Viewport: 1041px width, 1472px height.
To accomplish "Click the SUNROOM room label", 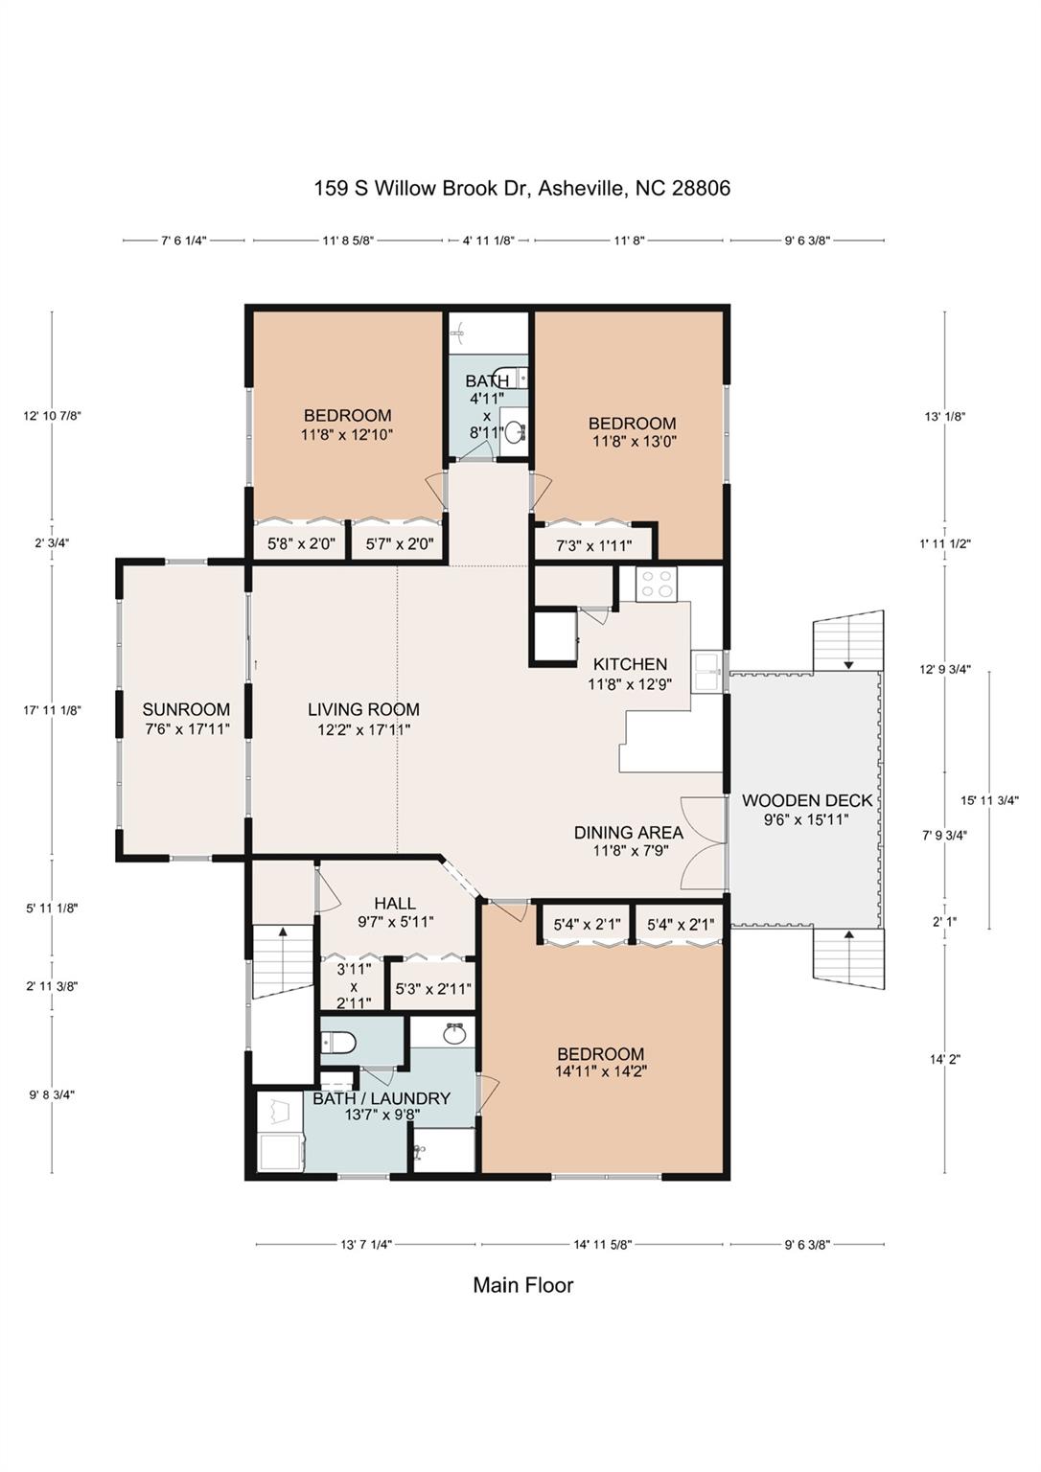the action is (186, 710).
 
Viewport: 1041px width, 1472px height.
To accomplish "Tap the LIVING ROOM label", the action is (363, 710).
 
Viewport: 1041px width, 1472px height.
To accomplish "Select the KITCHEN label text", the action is (630, 664).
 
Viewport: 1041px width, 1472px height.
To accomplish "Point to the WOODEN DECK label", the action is (807, 800).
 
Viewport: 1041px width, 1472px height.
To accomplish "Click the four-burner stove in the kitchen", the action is (658, 583).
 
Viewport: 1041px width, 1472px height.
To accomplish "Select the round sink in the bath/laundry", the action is (453, 1035).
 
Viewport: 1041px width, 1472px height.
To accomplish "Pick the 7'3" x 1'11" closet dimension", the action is (593, 545).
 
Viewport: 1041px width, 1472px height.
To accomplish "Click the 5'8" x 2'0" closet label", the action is (302, 544).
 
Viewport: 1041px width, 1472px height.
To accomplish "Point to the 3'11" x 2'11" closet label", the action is (354, 986).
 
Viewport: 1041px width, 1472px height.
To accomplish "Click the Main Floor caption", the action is (523, 1285).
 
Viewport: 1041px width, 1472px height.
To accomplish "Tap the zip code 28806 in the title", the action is (701, 189).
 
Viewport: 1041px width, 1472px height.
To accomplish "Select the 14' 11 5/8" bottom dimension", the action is (603, 1245).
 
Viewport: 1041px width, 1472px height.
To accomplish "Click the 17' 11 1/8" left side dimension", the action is (52, 710).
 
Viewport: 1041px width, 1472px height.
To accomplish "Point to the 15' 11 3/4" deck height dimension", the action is (990, 800).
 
